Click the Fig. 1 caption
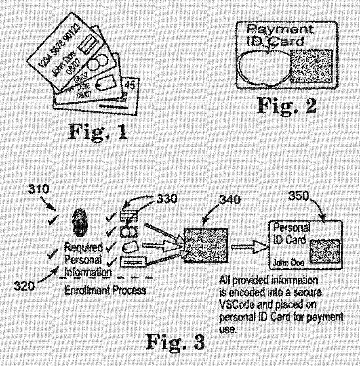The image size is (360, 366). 97,131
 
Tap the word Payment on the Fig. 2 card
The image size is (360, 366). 280,30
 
